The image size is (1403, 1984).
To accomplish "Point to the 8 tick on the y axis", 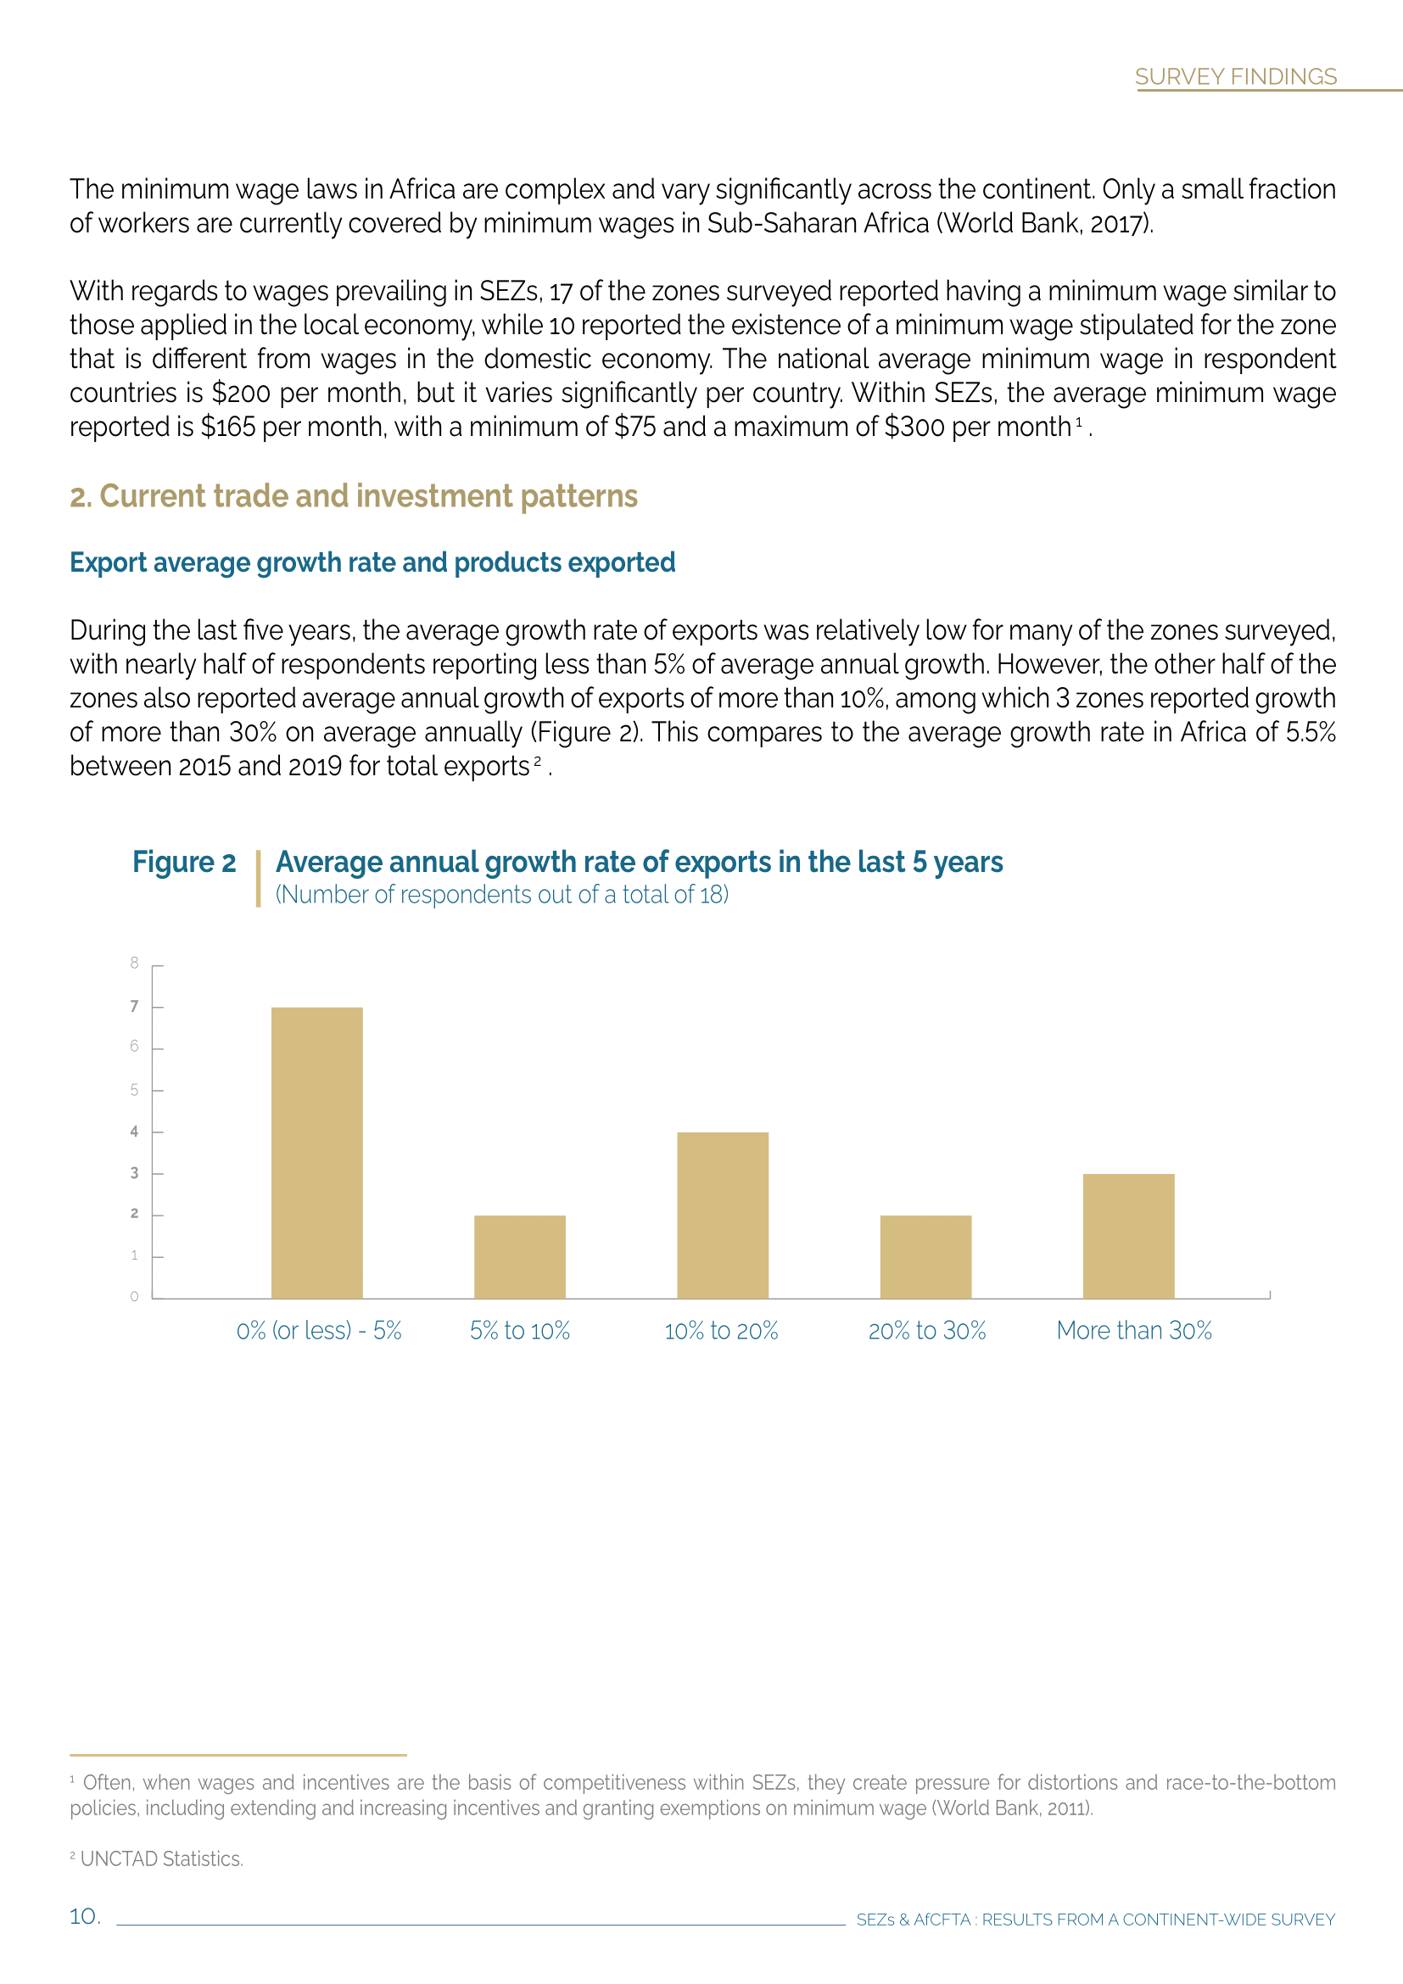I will [134, 963].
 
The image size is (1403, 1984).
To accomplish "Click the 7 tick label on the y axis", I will [134, 1006].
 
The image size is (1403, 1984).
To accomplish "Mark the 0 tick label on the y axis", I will [134, 1296].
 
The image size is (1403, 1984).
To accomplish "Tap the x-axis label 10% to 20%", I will [721, 1331].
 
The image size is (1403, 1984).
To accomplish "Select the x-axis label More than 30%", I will [1133, 1331].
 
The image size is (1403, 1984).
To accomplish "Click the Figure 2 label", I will [184, 863].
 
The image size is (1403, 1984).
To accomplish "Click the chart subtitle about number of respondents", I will [502, 895].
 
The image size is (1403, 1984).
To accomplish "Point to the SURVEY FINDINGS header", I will [1235, 77].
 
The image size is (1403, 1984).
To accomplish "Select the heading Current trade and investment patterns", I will [355, 497].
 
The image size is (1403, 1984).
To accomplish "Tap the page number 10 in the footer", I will [85, 1917].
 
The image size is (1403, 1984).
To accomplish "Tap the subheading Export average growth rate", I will [372, 562].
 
